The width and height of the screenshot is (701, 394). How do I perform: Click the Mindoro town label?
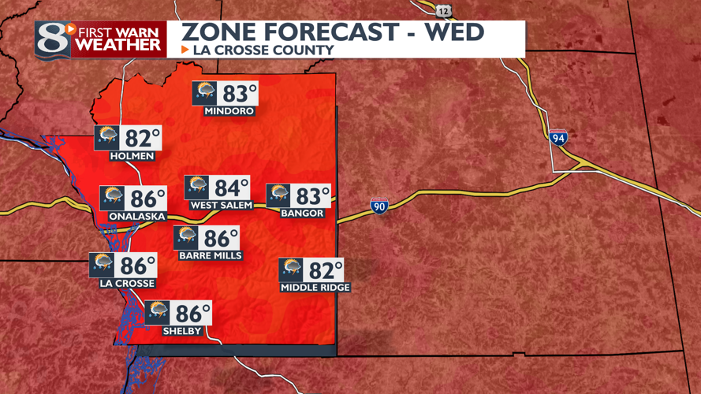click(x=229, y=111)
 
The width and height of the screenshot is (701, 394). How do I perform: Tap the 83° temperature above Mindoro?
click(x=240, y=94)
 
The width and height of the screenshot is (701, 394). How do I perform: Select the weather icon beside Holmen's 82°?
click(x=106, y=138)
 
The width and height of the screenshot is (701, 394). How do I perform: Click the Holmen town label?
click(x=132, y=156)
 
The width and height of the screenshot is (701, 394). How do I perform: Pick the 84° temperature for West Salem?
click(x=231, y=188)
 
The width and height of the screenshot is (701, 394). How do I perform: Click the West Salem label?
click(x=222, y=206)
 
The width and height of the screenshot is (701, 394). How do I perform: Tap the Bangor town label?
click(x=302, y=214)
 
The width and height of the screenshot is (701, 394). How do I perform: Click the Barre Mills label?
click(x=211, y=255)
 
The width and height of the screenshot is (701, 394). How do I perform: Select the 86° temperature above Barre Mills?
click(x=221, y=238)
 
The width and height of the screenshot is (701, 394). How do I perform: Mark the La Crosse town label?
click(x=127, y=284)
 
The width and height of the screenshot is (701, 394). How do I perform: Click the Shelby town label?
click(x=182, y=331)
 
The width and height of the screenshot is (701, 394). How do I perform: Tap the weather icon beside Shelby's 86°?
click(x=158, y=313)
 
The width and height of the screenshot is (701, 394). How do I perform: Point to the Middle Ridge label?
click(x=315, y=288)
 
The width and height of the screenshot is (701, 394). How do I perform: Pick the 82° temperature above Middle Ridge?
click(x=326, y=270)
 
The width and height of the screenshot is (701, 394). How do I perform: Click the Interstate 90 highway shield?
click(x=379, y=206)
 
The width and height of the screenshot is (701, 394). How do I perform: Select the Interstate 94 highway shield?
click(x=558, y=137)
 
